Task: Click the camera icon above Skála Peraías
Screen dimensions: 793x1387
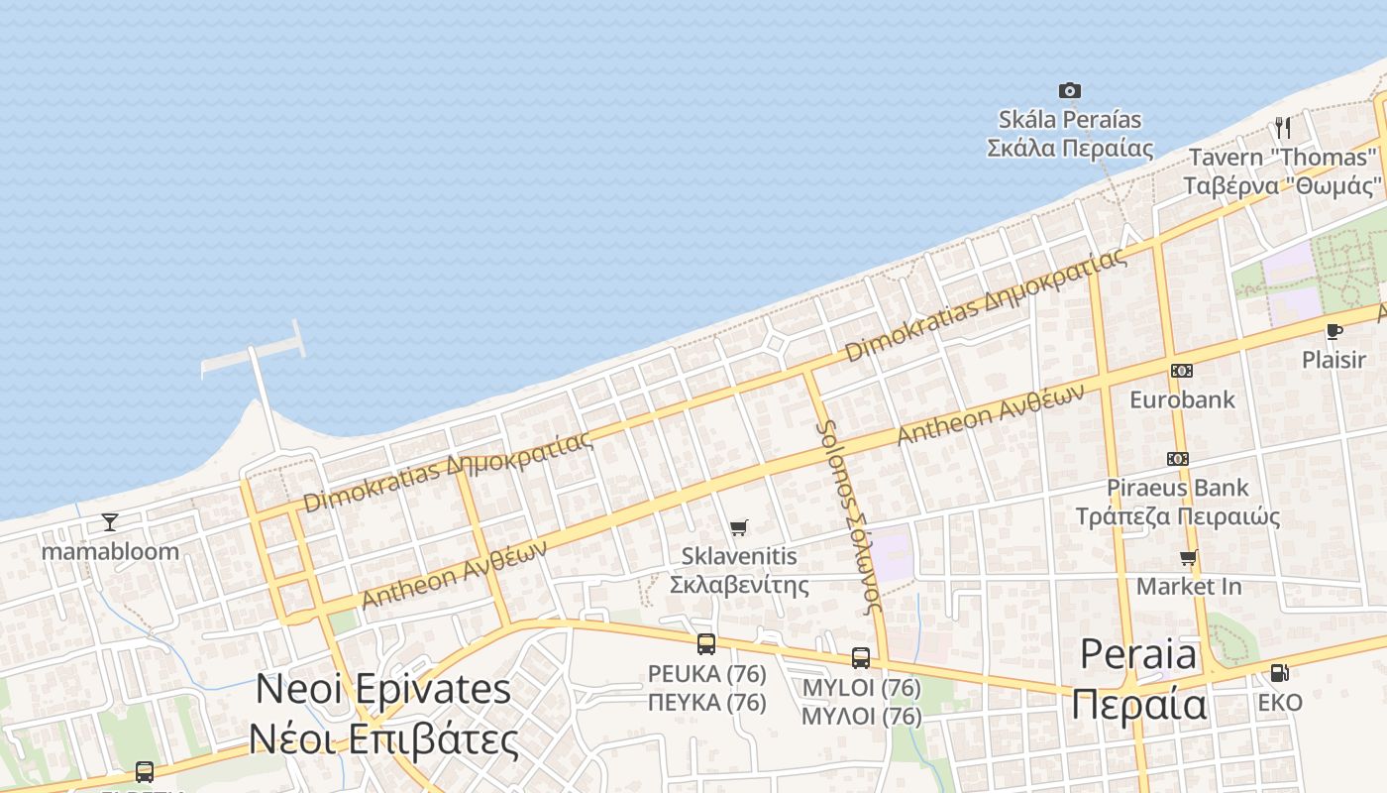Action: tap(1069, 91)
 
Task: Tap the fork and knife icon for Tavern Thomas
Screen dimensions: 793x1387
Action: tap(1283, 128)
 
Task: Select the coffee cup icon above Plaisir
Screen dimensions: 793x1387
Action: tap(1334, 331)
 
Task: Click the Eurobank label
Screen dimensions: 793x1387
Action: tap(1182, 399)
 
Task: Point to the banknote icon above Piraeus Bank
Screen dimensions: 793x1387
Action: tap(1177, 459)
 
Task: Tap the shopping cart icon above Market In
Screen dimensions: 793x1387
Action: tap(1188, 558)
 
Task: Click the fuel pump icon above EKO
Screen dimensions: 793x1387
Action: tap(1279, 673)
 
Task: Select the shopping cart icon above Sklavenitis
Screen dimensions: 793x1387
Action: tap(738, 527)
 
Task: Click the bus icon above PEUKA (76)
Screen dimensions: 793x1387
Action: tap(705, 644)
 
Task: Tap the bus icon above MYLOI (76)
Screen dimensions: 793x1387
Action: tap(860, 657)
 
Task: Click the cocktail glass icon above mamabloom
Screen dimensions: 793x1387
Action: tap(109, 522)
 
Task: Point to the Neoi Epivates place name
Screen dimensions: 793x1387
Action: tap(383, 689)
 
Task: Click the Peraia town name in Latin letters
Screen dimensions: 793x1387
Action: tap(1138, 655)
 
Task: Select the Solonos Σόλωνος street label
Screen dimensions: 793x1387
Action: tap(847, 516)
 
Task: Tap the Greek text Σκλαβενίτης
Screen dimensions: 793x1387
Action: tap(738, 584)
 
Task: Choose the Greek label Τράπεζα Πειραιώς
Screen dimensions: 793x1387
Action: tap(1178, 516)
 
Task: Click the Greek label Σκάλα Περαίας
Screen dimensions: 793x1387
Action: tap(1070, 149)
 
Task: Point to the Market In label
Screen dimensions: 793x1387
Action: tap(1188, 586)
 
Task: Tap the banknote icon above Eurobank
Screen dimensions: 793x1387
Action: tap(1181, 371)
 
